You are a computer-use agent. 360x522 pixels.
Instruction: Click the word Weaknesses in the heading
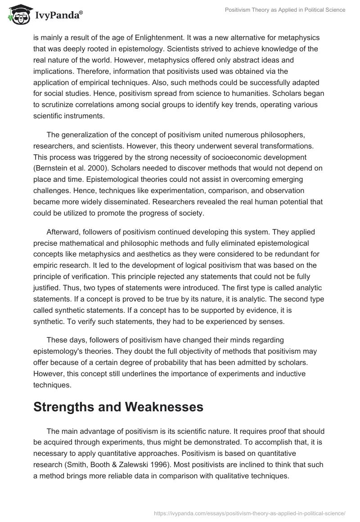(158, 408)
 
